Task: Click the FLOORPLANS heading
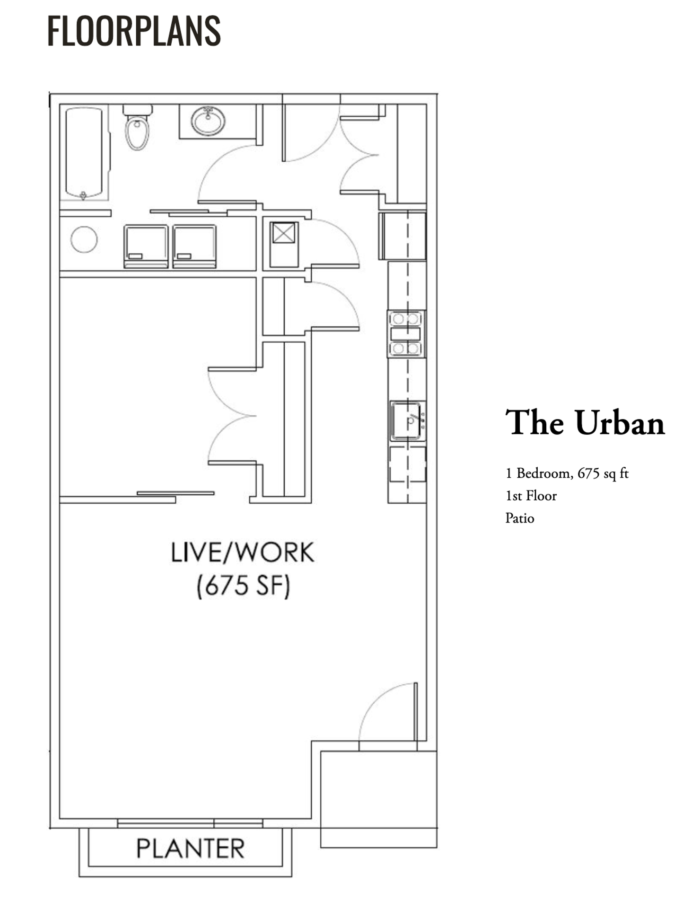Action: click(x=134, y=31)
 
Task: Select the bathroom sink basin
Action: click(x=208, y=121)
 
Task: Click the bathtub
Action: click(x=84, y=152)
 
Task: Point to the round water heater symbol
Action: click(x=84, y=240)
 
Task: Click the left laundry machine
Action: click(x=146, y=246)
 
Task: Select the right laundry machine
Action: click(x=194, y=246)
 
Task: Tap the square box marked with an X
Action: click(x=284, y=233)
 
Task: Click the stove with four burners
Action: click(x=406, y=334)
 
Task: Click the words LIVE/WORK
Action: click(x=243, y=552)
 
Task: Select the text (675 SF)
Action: click(x=243, y=586)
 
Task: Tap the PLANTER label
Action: click(x=190, y=848)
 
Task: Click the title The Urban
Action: click(x=585, y=422)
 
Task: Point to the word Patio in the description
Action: click(x=520, y=518)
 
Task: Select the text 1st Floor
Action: click(x=531, y=496)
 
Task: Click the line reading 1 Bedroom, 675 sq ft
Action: click(x=567, y=473)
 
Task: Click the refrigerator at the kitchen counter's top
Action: click(x=402, y=236)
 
